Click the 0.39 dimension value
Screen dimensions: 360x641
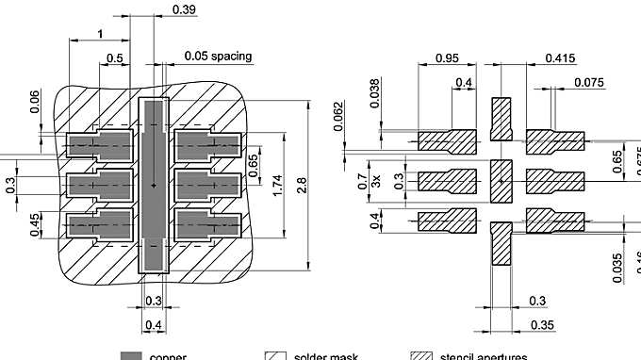[x=185, y=9]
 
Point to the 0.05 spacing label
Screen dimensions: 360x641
[x=218, y=57]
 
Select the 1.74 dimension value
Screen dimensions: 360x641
[x=277, y=186]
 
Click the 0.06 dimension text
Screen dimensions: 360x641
[x=35, y=101]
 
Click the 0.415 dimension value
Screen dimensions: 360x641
[x=560, y=58]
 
